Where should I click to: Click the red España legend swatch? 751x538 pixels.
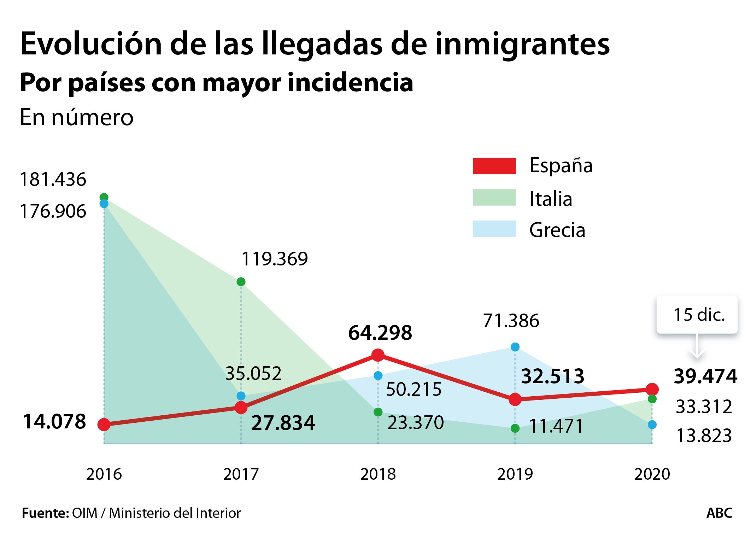point(494,166)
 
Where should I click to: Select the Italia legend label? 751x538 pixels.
point(550,199)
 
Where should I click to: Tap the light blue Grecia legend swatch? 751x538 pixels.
point(494,229)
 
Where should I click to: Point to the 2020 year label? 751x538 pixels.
point(652,474)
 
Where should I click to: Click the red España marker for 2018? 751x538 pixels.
point(378,355)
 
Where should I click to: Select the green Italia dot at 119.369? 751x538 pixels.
point(241,282)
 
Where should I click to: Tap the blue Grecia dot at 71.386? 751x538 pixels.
point(515,347)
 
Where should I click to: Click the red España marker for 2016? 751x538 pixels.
point(104,425)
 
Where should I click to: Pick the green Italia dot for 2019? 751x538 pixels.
point(515,428)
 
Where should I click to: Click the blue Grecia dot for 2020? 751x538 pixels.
point(652,425)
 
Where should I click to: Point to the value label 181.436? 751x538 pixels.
point(53,180)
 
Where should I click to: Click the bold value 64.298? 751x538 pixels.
point(380,333)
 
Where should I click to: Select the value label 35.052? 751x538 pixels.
point(253,374)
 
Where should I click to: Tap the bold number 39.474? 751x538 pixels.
point(705,376)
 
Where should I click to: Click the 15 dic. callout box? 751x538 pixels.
point(697,315)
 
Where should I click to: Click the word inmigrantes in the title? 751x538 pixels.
point(522,44)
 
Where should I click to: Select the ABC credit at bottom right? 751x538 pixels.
point(719,513)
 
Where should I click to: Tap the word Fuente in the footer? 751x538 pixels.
point(45,513)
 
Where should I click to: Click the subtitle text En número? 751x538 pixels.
point(76,117)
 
